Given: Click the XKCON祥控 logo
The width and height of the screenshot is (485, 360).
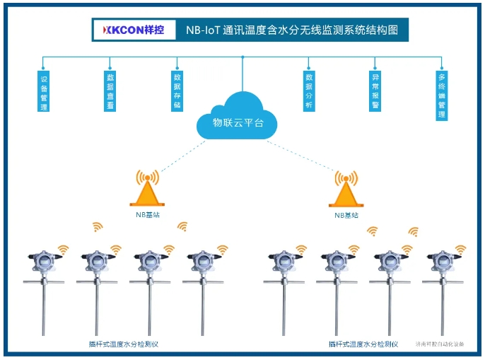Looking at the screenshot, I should (x=134, y=30).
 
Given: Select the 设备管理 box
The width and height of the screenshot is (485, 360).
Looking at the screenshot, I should (x=44, y=91).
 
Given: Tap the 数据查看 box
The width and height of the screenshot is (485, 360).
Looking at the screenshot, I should (x=110, y=91).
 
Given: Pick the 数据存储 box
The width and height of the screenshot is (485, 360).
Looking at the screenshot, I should (x=177, y=91).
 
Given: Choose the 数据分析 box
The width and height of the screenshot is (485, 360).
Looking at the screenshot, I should (x=308, y=91).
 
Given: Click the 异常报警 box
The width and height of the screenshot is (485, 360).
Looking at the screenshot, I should (x=375, y=91).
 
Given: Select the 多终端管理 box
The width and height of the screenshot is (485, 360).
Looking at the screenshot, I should (x=441, y=95).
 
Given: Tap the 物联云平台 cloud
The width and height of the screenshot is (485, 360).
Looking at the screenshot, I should (x=238, y=120).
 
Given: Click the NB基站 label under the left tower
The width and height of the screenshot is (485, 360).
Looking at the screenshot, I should (x=148, y=214).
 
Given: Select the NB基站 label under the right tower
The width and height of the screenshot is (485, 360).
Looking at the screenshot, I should (x=345, y=214).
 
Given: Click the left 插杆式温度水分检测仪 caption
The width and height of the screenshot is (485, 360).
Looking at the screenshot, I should (x=125, y=344).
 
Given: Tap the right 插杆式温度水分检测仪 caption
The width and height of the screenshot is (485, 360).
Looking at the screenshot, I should (x=363, y=344).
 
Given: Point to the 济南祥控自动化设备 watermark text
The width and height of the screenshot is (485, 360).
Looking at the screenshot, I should (x=440, y=344).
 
